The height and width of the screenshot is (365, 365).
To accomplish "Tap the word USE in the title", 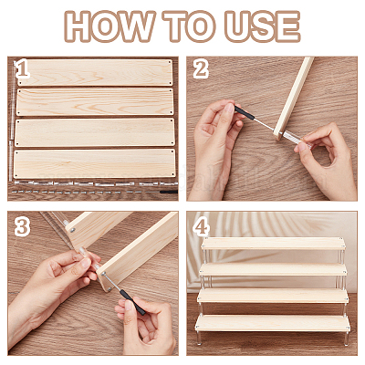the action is (263, 26).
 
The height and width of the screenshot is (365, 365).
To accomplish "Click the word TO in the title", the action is (189, 26).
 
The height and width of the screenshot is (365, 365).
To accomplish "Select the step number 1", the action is (23, 69).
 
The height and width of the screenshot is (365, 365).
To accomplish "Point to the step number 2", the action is (201, 69).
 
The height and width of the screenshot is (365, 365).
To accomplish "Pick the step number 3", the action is (22, 226).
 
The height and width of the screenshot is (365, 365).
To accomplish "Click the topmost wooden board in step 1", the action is (95, 73).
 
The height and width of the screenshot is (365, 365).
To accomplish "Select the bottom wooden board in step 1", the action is (95, 163).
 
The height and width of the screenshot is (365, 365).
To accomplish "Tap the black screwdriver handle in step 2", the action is (245, 112).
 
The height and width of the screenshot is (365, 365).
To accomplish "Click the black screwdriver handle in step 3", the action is (132, 302).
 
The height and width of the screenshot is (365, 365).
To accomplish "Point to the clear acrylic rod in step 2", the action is (297, 140).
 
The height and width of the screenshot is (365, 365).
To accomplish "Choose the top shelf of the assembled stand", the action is (273, 244).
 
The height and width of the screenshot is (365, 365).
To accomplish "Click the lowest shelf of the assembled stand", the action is (273, 323).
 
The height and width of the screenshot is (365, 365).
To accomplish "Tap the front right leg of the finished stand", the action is (347, 339).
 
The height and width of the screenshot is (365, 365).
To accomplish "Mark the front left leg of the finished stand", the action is (199, 338).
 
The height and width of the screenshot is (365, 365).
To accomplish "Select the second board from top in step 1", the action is (95, 102).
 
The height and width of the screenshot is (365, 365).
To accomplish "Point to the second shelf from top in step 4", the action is (273, 269).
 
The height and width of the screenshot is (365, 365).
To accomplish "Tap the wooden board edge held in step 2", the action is (294, 98).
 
